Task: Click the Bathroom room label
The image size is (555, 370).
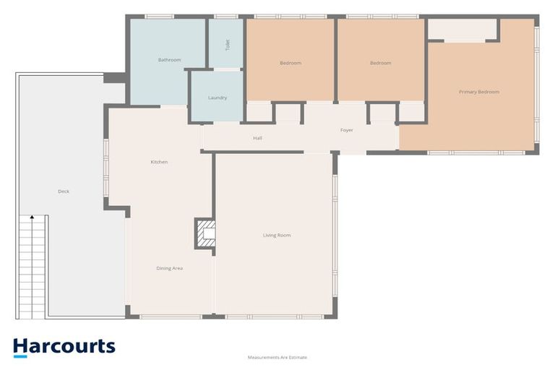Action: [169, 60]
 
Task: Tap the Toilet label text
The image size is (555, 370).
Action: [228, 45]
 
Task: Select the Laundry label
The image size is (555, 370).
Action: [218, 98]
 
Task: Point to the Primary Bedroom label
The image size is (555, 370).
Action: [478, 92]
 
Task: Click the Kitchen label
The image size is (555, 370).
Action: [159, 162]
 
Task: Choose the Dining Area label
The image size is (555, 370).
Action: [169, 268]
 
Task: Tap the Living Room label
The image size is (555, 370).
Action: [277, 235]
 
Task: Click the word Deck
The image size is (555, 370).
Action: [64, 192]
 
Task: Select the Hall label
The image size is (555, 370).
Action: [257, 137]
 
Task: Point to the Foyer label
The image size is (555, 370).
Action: [346, 130]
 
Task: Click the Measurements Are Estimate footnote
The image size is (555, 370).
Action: [277, 358]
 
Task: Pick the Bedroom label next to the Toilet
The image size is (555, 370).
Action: [290, 63]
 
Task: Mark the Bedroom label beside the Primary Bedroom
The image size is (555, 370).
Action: [380, 63]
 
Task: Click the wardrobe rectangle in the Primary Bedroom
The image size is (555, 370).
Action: [462, 30]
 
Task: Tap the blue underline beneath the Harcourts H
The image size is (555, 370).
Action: [20, 356]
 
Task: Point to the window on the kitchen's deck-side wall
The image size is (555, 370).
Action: [106, 169]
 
